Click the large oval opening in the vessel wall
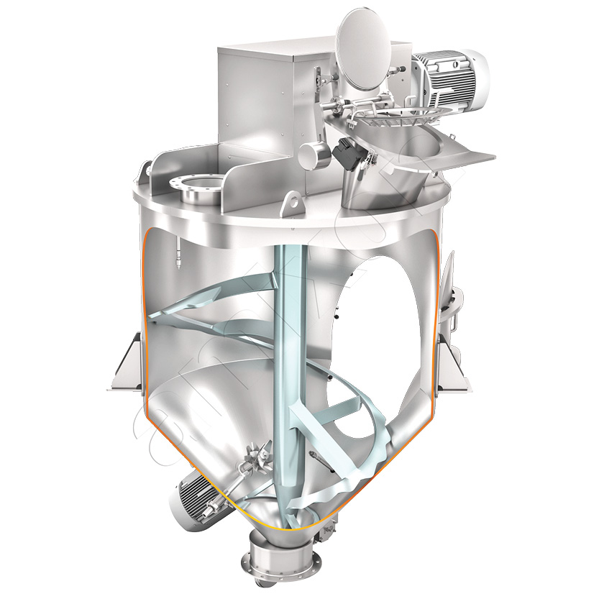tap(388, 324)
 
